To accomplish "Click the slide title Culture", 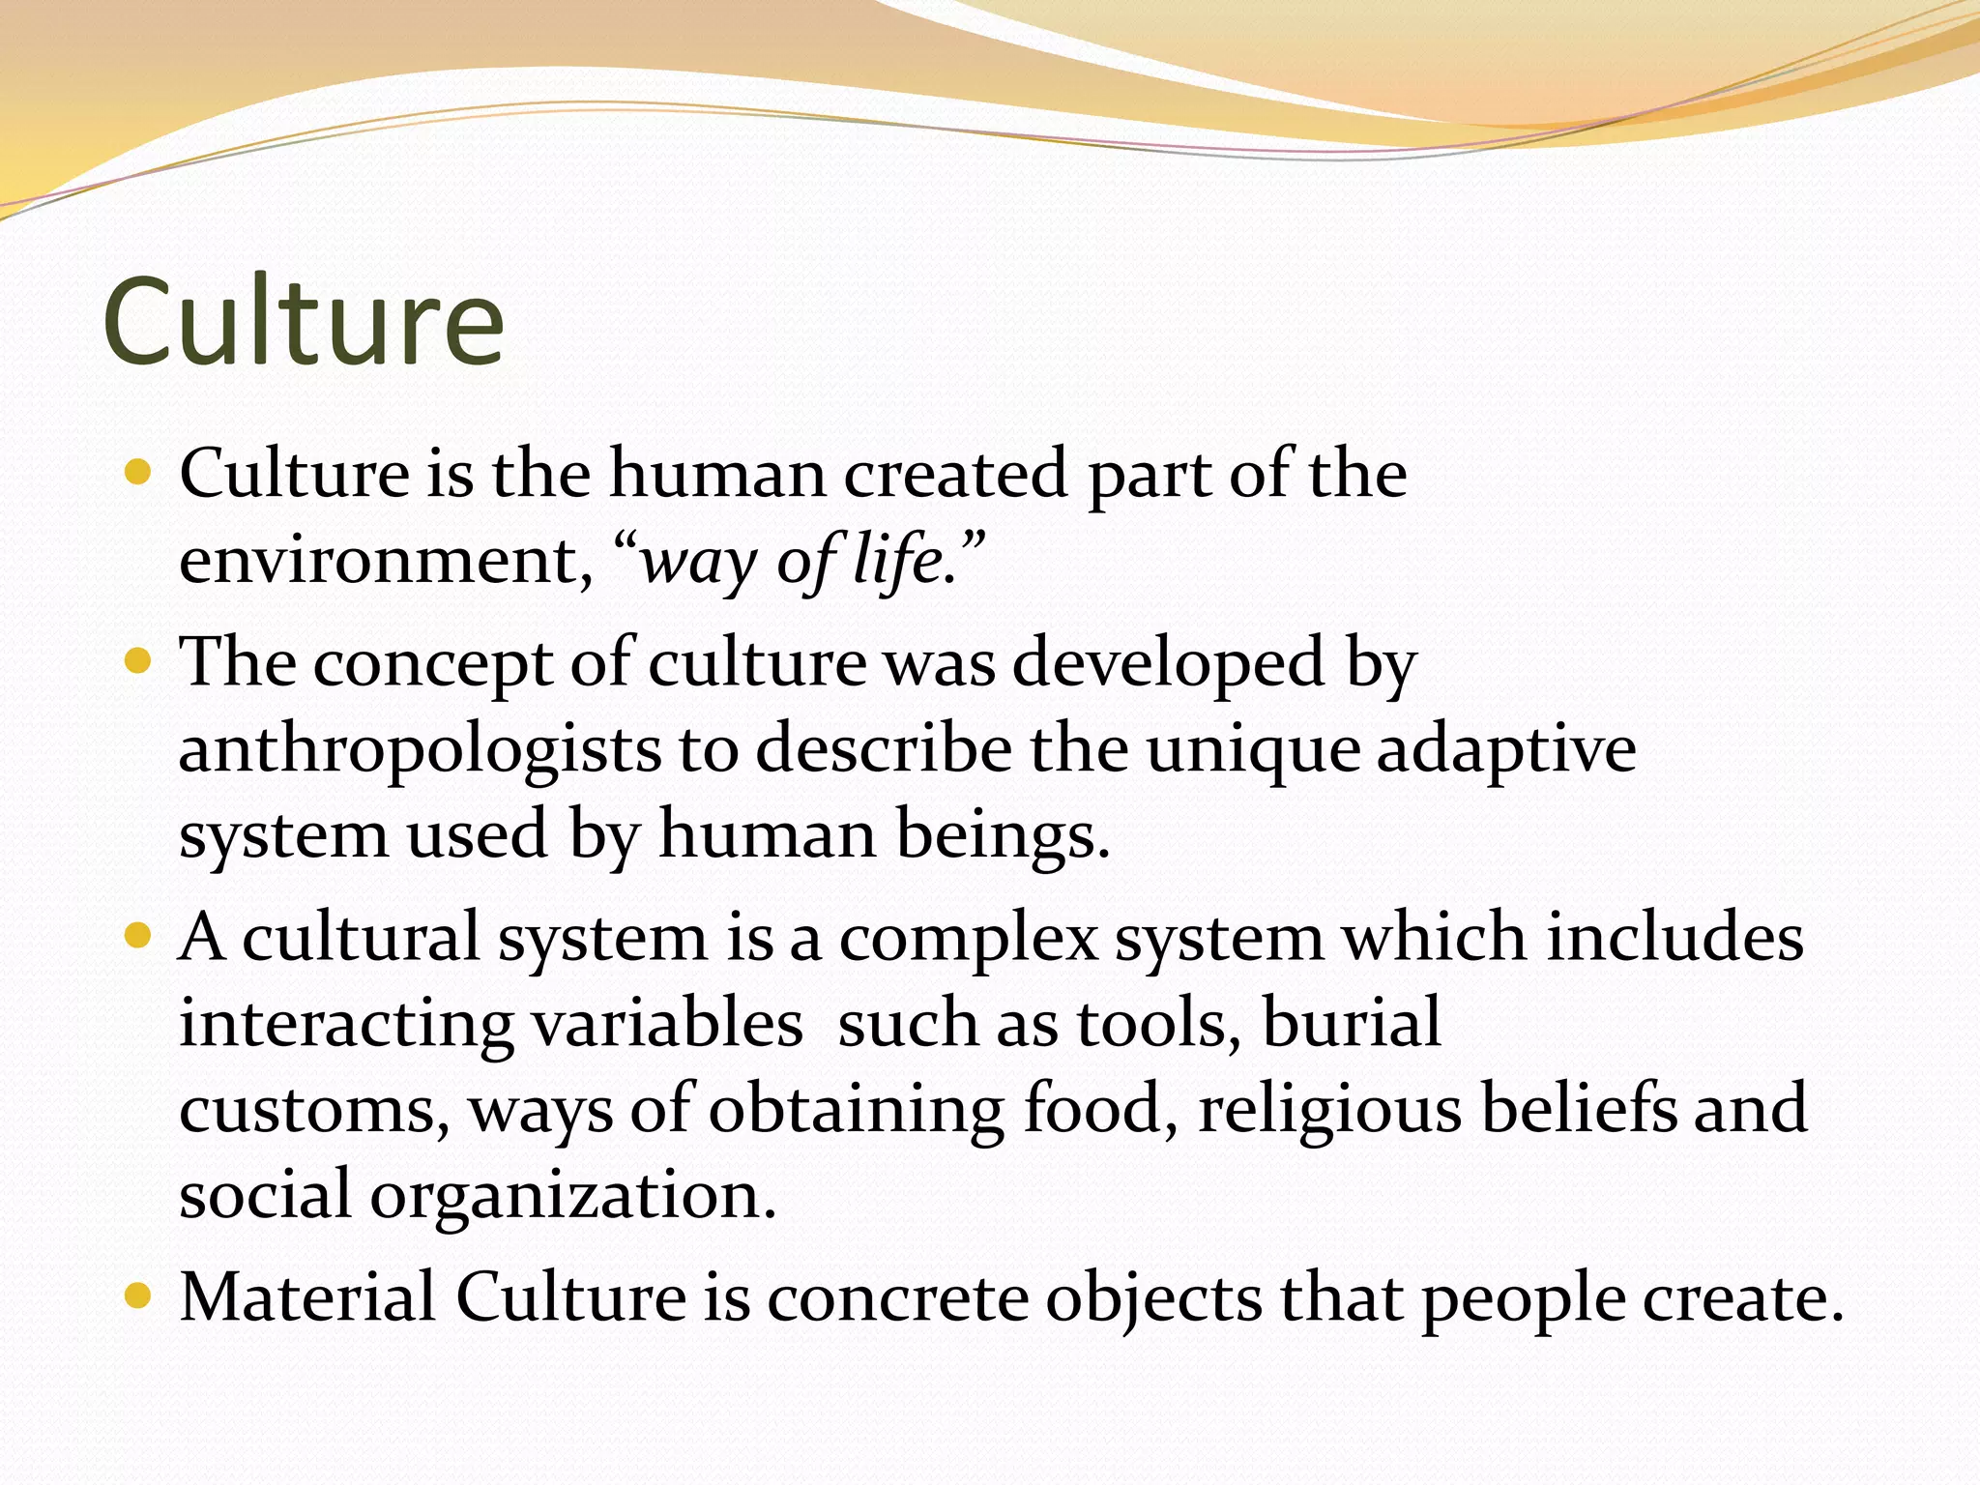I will point(303,321).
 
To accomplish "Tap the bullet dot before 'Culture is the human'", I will point(139,473).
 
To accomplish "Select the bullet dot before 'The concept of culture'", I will point(139,662).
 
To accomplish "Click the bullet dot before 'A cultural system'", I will point(139,936).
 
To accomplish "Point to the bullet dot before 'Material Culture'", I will point(139,1296).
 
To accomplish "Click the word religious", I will point(1329,1109).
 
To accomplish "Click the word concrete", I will point(898,1296).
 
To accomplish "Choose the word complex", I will point(969,939).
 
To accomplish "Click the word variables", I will point(667,1023).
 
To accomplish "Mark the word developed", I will point(1168,664).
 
